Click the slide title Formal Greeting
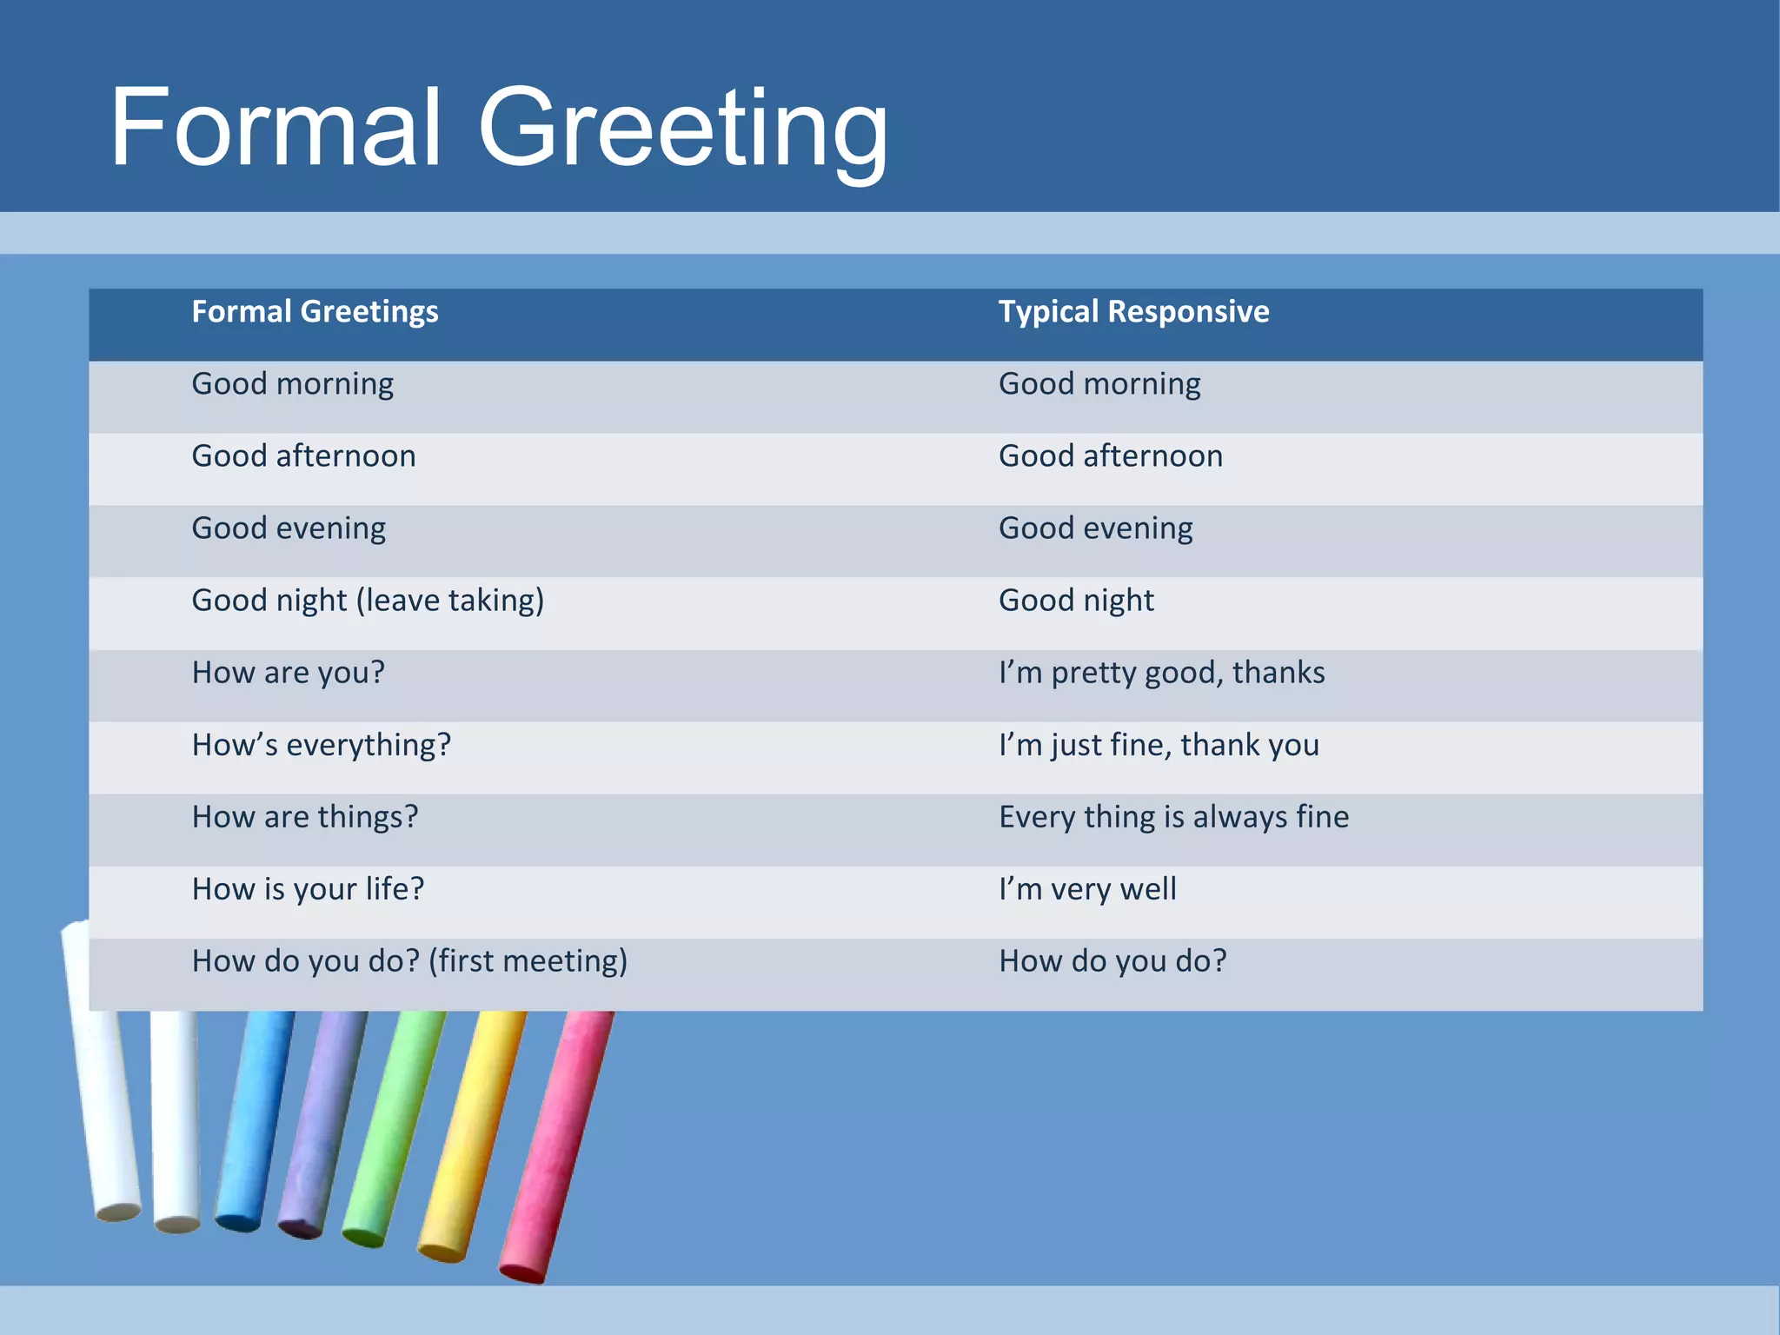[499, 128]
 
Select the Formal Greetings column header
[315, 311]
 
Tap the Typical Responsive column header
[1133, 311]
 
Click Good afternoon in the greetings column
[303, 456]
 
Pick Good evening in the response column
[1095, 528]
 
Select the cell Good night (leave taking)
[368, 601]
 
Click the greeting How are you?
[288, 673]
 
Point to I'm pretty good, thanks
[1161, 673]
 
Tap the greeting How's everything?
[322, 745]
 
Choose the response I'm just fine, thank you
[1159, 745]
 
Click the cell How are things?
[305, 817]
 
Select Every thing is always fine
[1173, 817]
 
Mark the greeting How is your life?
[308, 889]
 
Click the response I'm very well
[1087, 889]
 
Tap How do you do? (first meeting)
[409, 961]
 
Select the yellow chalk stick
[474, 1130]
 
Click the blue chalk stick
[252, 1121]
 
